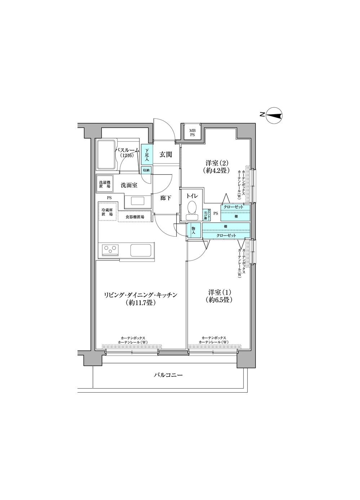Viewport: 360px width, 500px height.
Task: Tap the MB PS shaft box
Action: pyautogui.click(x=192, y=132)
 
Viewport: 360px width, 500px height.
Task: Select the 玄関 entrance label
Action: pyautogui.click(x=165, y=155)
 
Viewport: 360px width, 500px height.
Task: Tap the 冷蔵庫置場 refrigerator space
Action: pyautogui.click(x=107, y=212)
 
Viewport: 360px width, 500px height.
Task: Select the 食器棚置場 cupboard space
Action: pyautogui.click(x=135, y=217)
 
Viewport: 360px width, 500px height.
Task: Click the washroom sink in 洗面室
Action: pyautogui.click(x=137, y=201)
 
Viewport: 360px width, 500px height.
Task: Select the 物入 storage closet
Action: pyautogui.click(x=193, y=231)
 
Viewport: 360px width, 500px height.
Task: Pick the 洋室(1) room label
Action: pyautogui.click(x=218, y=295)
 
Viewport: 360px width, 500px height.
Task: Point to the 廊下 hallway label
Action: pyautogui.click(x=165, y=198)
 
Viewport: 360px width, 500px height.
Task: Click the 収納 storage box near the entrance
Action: pyautogui.click(x=146, y=170)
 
